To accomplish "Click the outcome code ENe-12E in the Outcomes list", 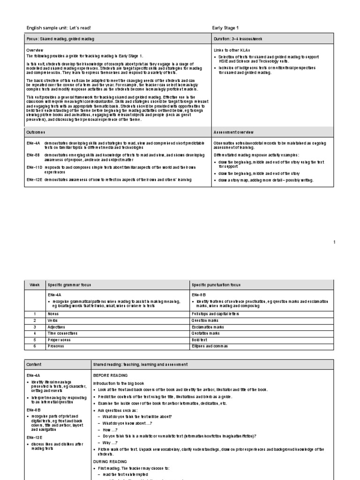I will [x=33, y=180].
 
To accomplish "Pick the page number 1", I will [x=334, y=242].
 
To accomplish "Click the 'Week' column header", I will [x=34, y=285].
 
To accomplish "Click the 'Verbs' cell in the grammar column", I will [x=52, y=320].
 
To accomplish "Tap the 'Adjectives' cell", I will [x=55, y=326].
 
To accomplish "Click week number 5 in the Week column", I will [x=34, y=339].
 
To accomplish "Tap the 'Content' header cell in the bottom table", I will [x=34, y=364].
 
